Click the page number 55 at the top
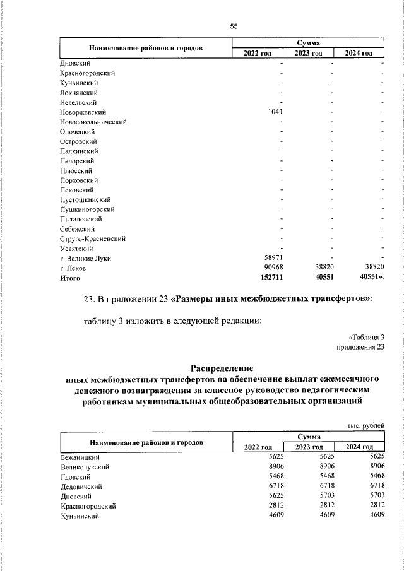pos(234,26)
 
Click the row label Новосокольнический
pos(94,122)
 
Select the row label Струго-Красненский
pos(93,239)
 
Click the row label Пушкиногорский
pos(88,209)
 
